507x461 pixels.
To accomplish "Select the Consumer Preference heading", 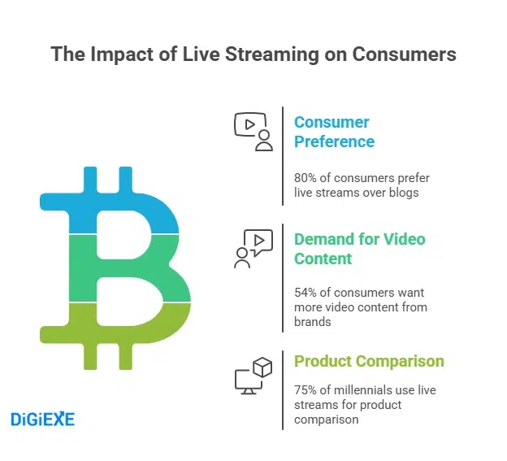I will click(x=334, y=132).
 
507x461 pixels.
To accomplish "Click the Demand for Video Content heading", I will click(x=359, y=249).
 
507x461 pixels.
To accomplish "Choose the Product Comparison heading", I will click(x=369, y=361).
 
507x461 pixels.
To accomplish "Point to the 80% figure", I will click(x=306, y=177).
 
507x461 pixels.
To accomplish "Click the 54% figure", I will click(x=306, y=293).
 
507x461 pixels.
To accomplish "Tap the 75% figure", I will click(x=306, y=390).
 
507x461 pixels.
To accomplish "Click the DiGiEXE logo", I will click(x=42, y=419).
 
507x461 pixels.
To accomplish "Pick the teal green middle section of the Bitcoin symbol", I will click(x=122, y=268).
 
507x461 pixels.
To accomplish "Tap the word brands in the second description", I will click(x=312, y=322).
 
